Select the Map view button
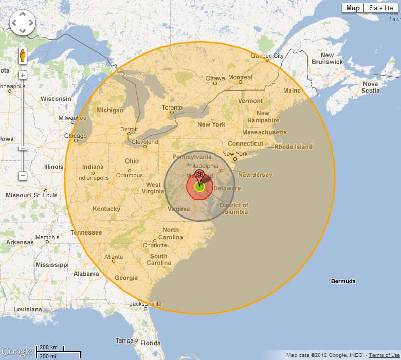point(353,8)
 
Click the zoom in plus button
point(23,75)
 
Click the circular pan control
point(23,23)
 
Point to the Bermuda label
point(343,281)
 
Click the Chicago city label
point(76,136)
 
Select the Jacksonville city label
point(145,304)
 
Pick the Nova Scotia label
point(370,87)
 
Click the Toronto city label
point(172,108)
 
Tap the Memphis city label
point(47,238)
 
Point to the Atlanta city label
point(114,257)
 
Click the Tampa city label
point(124,340)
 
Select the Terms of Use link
point(384,355)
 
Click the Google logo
point(16,352)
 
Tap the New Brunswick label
point(327,58)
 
